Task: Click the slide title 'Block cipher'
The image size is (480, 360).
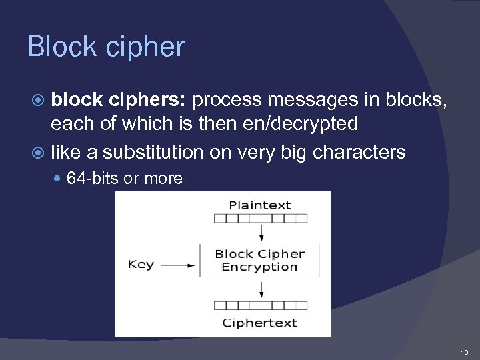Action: (x=106, y=47)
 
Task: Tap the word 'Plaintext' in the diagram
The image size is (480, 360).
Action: (x=260, y=205)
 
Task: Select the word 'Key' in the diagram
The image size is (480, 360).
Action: (x=141, y=265)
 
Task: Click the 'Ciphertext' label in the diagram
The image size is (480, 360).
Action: (x=260, y=323)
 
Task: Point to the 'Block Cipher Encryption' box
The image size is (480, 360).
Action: (x=260, y=261)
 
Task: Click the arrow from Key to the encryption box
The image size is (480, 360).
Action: (x=178, y=265)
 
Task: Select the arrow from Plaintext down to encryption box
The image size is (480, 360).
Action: (x=261, y=233)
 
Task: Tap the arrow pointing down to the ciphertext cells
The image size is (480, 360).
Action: (x=261, y=289)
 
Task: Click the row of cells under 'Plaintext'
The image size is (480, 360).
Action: (x=260, y=218)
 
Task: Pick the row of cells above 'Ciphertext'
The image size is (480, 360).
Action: (x=260, y=306)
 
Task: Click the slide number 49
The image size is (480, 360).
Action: (x=464, y=351)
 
